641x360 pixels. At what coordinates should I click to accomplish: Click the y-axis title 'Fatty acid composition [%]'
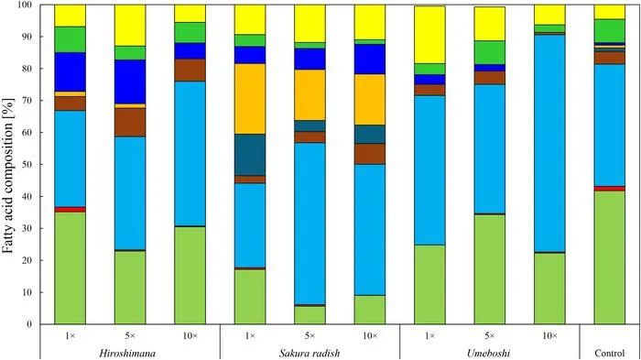(8, 175)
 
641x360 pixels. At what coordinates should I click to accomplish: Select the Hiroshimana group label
(127, 353)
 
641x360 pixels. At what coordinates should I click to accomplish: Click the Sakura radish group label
(310, 353)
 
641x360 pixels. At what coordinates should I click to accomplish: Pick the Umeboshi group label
(489, 353)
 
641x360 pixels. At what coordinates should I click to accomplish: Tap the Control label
(610, 353)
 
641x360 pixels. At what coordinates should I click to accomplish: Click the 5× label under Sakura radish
(310, 336)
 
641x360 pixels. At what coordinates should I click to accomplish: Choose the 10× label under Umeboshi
(549, 336)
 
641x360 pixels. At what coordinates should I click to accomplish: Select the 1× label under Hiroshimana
(70, 336)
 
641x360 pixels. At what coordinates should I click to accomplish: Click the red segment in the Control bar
(610, 189)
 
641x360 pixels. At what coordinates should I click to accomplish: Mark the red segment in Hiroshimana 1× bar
(70, 210)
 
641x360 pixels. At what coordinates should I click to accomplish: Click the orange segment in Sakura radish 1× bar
(250, 99)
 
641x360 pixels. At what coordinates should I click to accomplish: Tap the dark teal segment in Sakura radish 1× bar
(250, 155)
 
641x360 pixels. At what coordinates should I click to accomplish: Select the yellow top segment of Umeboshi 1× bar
(429, 35)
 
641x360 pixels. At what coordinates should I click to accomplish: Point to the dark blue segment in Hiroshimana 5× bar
(130, 82)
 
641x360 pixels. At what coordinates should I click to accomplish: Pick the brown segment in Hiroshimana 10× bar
(190, 71)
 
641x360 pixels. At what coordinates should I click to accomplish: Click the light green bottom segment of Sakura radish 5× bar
(310, 315)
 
